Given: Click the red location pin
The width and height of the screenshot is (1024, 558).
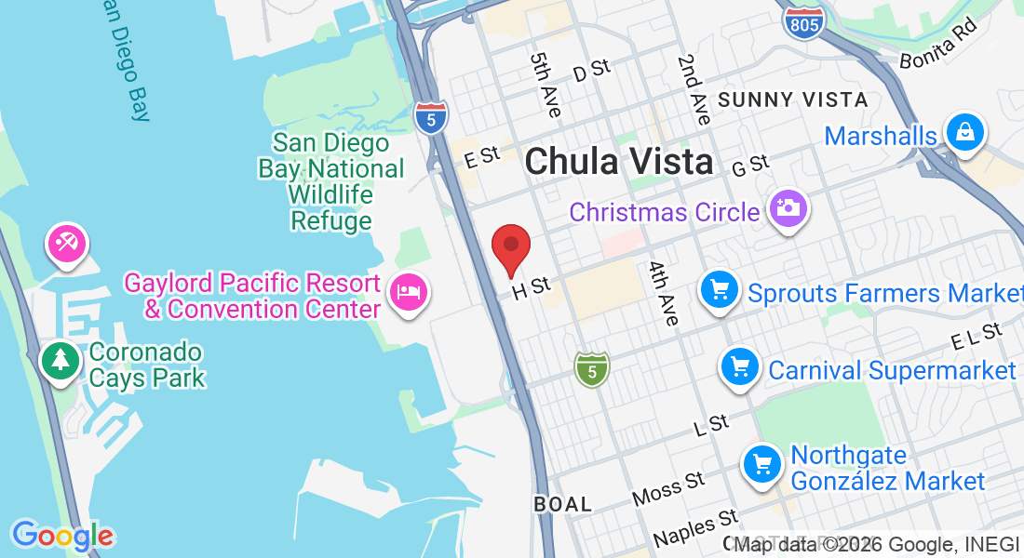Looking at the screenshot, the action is (x=511, y=247).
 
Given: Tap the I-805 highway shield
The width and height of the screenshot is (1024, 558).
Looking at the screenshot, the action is (x=802, y=22).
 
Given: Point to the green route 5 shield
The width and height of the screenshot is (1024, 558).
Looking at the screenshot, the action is (x=591, y=369).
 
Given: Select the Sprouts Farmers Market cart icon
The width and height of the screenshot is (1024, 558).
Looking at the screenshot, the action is (x=720, y=290).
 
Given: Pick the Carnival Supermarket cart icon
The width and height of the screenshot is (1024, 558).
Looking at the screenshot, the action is (x=741, y=367).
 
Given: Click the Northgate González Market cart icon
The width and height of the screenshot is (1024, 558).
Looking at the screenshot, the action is (x=762, y=463).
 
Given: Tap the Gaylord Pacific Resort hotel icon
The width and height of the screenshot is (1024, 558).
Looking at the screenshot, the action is (x=410, y=292).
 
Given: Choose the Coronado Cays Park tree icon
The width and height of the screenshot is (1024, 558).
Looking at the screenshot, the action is (x=61, y=360).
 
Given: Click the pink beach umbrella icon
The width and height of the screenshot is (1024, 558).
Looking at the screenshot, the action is (x=66, y=245).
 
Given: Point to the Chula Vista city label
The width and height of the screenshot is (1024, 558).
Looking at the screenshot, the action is (x=619, y=162).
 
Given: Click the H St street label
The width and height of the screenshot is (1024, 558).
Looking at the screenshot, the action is (x=532, y=289).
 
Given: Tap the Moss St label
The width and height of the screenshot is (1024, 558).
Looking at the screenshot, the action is (x=668, y=489).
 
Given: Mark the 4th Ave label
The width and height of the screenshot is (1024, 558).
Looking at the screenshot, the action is (x=664, y=293).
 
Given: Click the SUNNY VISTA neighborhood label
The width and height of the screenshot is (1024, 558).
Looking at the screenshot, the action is (x=793, y=100).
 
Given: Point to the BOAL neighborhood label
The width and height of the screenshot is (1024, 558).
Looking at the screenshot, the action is (x=562, y=504).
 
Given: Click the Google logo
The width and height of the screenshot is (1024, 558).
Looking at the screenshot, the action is (x=62, y=536).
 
